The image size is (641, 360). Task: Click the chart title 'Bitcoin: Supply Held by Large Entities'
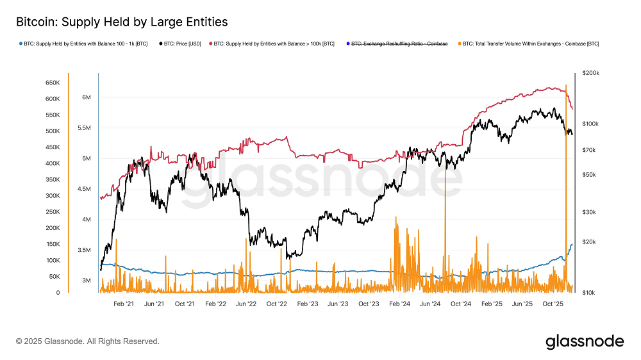pyautogui.click(x=122, y=22)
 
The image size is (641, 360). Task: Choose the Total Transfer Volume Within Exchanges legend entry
pyautogui.click(x=529, y=44)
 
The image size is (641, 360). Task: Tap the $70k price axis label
pyautogui.click(x=589, y=150)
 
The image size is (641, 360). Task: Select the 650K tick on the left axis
pyautogui.click(x=52, y=83)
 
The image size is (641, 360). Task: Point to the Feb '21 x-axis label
pyautogui.click(x=123, y=304)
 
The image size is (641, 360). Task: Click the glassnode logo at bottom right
pyautogui.click(x=584, y=341)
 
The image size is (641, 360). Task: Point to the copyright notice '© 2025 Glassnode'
pyautogui.click(x=88, y=341)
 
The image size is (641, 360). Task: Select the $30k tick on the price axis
pyautogui.click(x=589, y=212)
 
